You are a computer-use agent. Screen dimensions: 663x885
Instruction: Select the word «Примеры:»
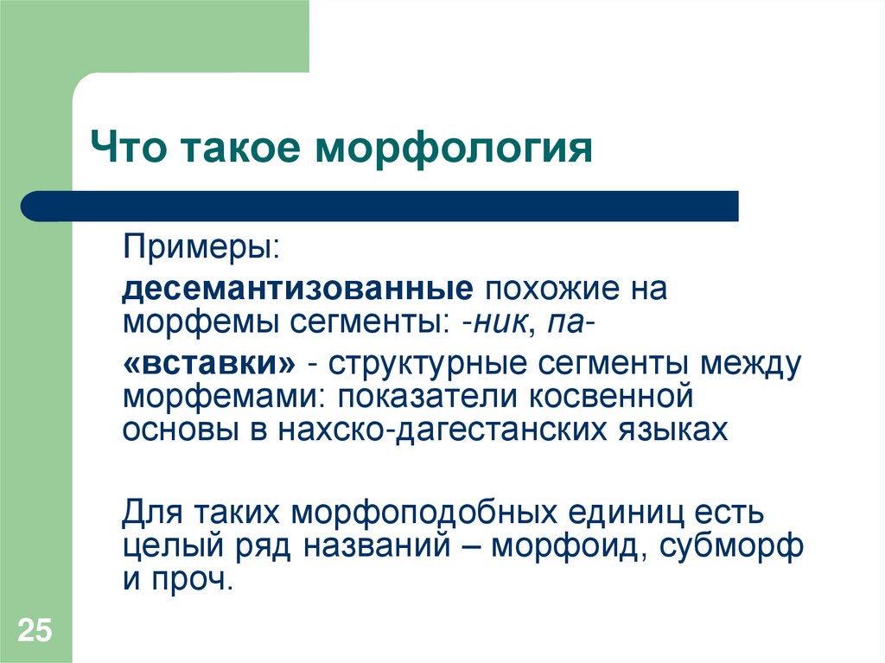pos(201,247)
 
